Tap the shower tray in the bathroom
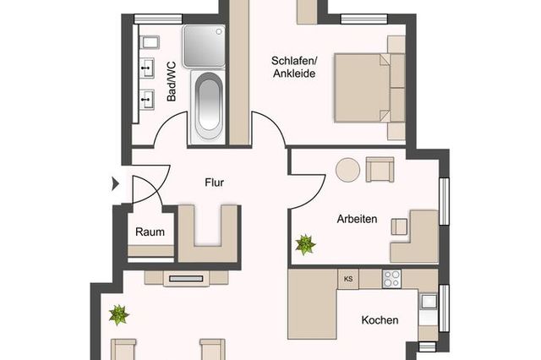coord(203,45)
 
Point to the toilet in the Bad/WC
coord(150,42)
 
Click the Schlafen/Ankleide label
coord(294,66)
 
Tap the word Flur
coord(214,182)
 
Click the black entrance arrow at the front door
coord(115,183)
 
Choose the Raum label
coord(149,232)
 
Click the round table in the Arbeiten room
coord(348,170)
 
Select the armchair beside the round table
coord(380,170)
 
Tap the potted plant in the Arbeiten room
coord(304,245)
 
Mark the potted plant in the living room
coord(119,316)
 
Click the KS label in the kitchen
coord(347,278)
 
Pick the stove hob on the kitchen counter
coord(391,278)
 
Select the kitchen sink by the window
coord(429,301)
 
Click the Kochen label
coord(380,320)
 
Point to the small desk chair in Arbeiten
coord(399,226)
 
